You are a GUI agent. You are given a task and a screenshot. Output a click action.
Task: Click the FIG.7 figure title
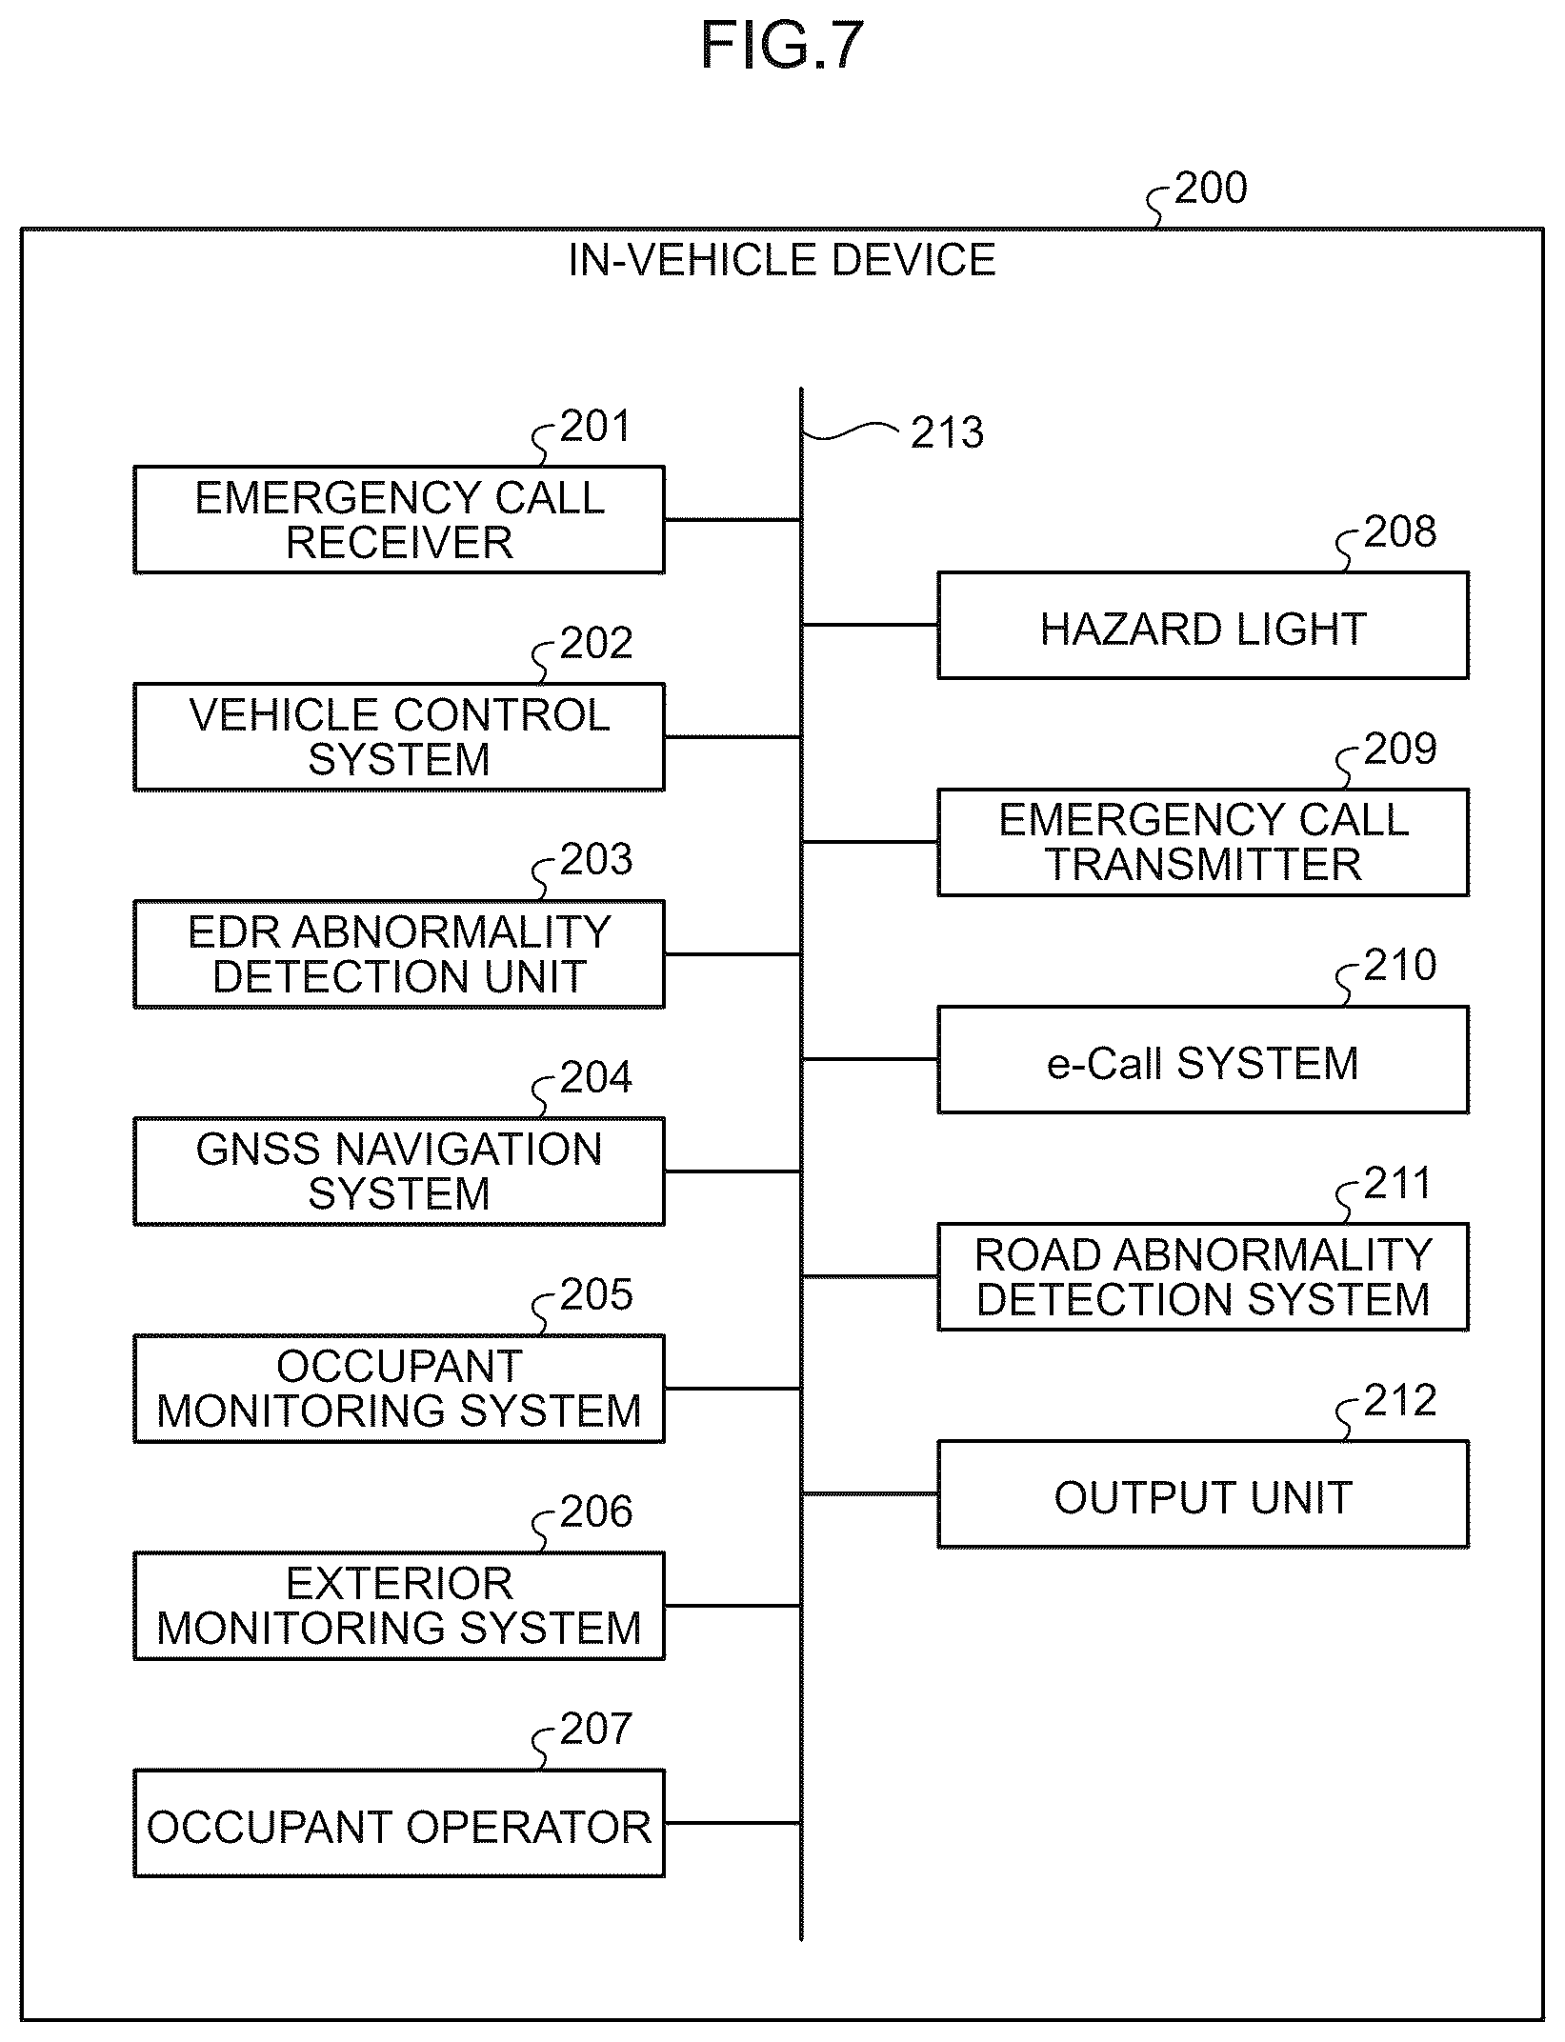tap(782, 45)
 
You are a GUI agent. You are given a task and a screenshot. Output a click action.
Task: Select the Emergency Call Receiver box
tap(399, 519)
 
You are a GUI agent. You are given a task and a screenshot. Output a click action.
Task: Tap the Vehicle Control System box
tap(399, 736)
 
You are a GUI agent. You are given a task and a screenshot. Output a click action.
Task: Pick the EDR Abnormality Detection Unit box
tap(399, 953)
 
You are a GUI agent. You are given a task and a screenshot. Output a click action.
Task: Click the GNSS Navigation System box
tap(399, 1171)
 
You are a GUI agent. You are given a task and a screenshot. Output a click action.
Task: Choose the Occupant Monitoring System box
tap(399, 1388)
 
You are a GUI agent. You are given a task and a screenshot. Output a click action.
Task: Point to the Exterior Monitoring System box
tap(399, 1605)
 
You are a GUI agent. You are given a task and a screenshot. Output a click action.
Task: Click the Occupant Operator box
tap(399, 1823)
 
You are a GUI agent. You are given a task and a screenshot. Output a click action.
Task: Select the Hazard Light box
tap(1203, 625)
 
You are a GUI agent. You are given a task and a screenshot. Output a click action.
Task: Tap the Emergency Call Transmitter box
tap(1203, 842)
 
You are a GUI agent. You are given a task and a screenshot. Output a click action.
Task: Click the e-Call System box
tap(1203, 1059)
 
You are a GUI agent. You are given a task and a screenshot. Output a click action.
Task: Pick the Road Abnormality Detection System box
tap(1203, 1276)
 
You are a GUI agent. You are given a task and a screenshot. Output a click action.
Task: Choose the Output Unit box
tap(1203, 1493)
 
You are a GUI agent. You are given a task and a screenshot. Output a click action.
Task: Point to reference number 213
tap(947, 433)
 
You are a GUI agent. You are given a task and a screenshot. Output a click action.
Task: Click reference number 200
tap(1211, 189)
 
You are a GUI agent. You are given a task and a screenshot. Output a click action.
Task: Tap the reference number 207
tap(596, 1729)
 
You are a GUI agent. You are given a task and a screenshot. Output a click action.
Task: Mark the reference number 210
tap(1400, 965)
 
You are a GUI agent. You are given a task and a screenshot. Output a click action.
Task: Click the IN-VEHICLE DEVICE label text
tap(782, 260)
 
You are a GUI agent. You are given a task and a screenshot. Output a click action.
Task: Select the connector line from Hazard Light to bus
tap(870, 625)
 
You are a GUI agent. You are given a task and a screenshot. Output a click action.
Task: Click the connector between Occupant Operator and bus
tap(732, 1823)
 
